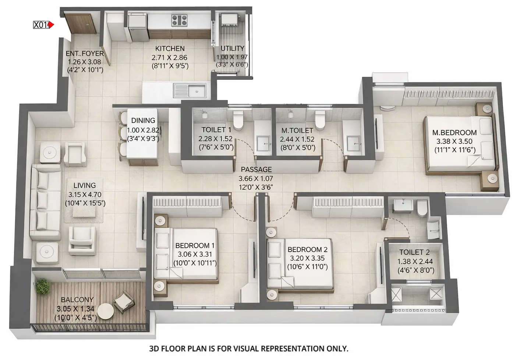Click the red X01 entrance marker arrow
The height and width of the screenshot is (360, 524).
(52, 25)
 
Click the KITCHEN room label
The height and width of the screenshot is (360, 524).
(170, 49)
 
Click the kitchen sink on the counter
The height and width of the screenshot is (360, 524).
(190, 90)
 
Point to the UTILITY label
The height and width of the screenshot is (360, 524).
(232, 49)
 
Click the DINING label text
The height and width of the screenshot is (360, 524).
(143, 121)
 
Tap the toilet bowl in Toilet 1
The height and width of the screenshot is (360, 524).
(238, 121)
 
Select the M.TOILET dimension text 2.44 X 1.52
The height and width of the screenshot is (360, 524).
(297, 139)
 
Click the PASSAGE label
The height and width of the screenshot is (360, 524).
(256, 170)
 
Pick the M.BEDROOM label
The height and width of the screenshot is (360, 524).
(454, 132)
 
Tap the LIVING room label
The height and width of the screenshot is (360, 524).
(84, 186)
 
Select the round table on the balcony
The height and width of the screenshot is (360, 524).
(105, 311)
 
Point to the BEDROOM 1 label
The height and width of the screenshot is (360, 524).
(195, 245)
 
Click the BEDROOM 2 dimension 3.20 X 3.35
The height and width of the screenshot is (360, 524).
(307, 258)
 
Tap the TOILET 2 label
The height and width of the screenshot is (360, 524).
(414, 252)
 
